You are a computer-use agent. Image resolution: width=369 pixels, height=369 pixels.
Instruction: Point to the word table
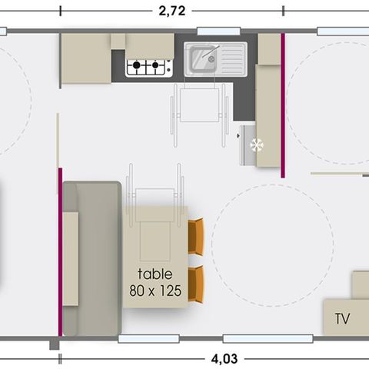pyautogui.click(x=155, y=274)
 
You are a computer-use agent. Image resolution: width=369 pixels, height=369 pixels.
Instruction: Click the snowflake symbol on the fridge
pyautogui.click(x=258, y=144)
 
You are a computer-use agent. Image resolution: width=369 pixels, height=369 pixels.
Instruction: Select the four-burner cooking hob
pyautogui.click(x=148, y=67)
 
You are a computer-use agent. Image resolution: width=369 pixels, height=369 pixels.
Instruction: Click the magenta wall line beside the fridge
pyautogui.click(x=283, y=108)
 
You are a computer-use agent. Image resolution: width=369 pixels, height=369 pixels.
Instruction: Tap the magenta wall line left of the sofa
pyautogui.click(x=59, y=254)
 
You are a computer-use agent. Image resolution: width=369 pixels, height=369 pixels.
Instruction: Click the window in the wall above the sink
pyautogui.click(x=208, y=32)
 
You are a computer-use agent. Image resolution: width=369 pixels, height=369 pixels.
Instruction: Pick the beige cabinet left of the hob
pyautogui.click(x=85, y=58)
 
